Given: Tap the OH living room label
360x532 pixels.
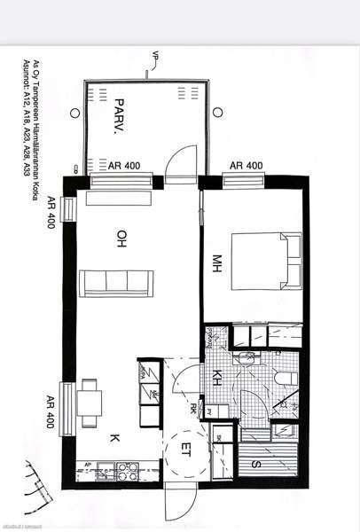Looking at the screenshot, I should coord(121,238).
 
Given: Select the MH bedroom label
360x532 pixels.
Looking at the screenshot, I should coord(215,263).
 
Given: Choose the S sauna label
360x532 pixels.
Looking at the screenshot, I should coord(255,461).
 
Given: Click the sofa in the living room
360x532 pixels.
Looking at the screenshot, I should coord(116,283).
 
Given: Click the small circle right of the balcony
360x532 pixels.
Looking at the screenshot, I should coord(218,113).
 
